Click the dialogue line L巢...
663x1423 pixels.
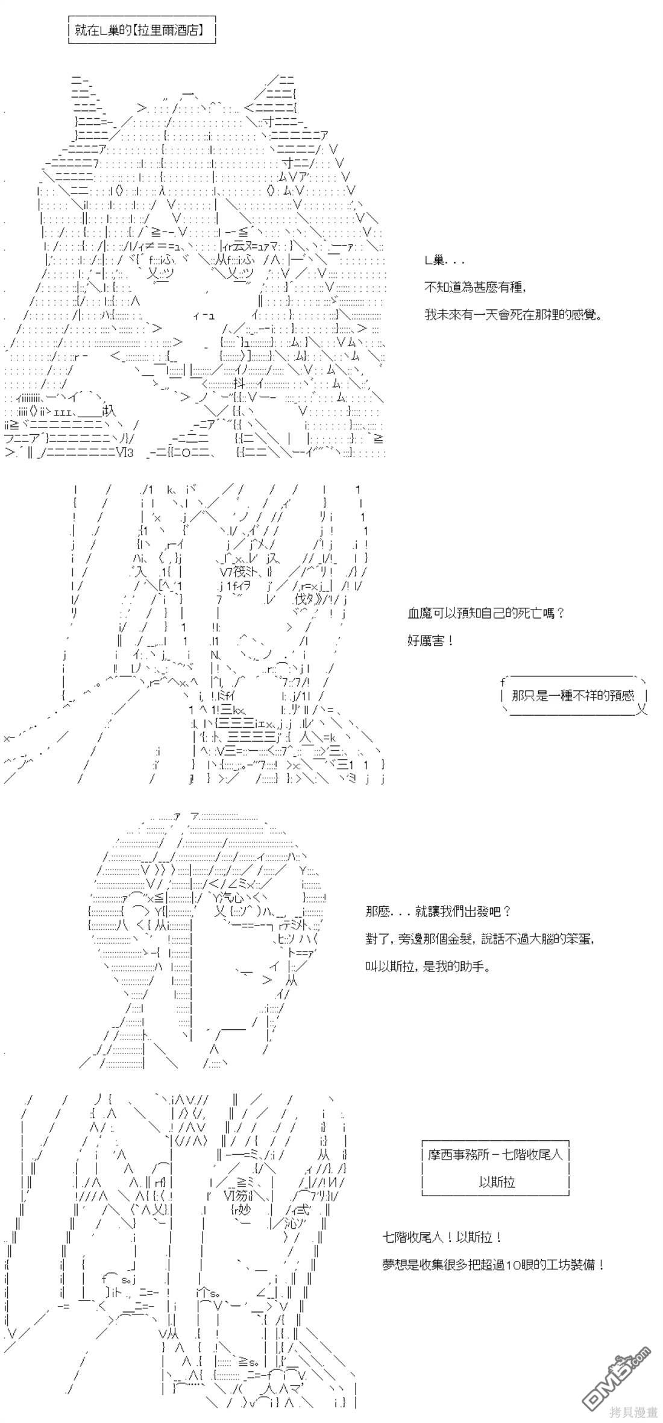coord(444,260)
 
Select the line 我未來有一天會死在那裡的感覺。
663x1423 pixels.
coord(513,314)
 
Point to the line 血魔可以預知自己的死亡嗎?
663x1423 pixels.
coord(486,613)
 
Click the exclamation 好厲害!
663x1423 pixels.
coord(430,640)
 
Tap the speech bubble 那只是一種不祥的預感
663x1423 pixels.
coord(573,695)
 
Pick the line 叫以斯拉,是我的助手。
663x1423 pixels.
coord(428,967)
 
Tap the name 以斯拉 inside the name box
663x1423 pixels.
coord(497,1182)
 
